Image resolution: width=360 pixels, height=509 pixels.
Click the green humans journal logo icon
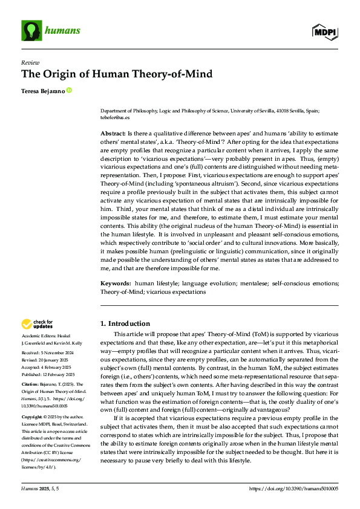[29, 28]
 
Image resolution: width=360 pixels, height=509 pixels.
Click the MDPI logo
[324, 31]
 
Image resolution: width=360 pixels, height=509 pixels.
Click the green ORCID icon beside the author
[69, 91]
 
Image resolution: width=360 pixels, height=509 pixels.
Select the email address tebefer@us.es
[114, 119]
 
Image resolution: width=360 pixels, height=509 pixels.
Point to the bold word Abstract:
[113, 132]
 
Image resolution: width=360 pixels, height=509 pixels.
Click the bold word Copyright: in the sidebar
[33, 417]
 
